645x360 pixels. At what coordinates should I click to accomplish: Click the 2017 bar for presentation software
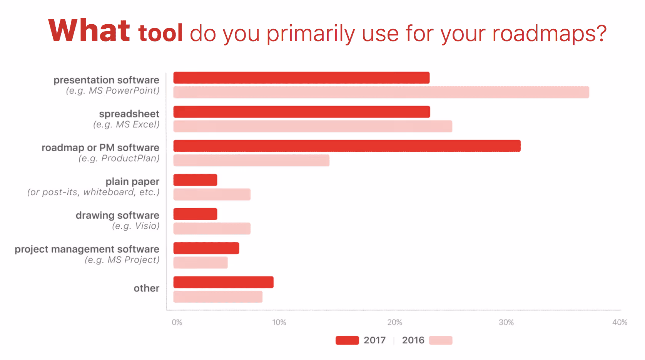point(301,78)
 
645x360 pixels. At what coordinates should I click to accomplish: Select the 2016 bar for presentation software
point(381,92)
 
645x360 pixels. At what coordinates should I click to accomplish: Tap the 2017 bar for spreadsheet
point(301,112)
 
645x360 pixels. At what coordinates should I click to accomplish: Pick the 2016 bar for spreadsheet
point(312,126)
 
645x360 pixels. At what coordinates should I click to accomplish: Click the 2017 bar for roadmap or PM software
point(347,146)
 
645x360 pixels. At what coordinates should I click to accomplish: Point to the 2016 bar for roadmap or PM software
point(251,160)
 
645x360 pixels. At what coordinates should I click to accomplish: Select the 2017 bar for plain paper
point(195,180)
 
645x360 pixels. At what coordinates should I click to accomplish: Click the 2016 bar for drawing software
point(212,228)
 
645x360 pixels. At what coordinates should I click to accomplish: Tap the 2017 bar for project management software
point(206,248)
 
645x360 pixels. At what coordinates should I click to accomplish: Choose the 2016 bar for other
point(218,297)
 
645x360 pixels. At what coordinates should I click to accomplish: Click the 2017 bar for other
point(223,282)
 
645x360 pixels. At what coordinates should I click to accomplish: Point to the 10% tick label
point(279,322)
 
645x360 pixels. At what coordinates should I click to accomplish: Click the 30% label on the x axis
point(506,322)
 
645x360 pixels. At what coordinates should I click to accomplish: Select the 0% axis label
point(177,322)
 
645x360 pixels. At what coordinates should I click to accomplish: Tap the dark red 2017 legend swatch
point(347,340)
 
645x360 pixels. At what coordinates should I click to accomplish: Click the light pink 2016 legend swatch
point(441,340)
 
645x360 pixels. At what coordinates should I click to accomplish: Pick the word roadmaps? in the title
point(549,34)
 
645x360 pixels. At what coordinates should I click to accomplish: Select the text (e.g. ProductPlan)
point(119,159)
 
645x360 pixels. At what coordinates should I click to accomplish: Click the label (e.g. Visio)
point(135,226)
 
